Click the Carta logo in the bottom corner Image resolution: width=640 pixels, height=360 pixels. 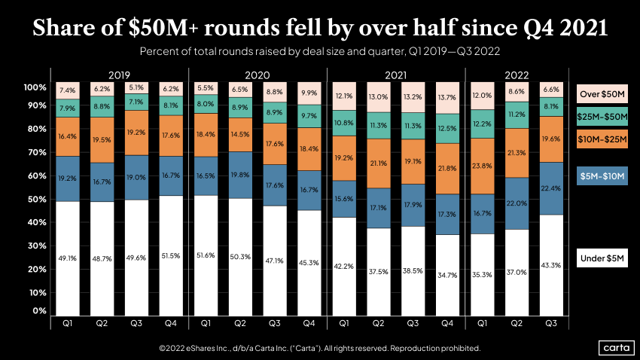[x=614, y=347]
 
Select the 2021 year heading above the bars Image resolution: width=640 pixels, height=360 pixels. [x=396, y=75]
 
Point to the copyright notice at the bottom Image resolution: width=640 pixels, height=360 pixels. [x=319, y=349]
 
